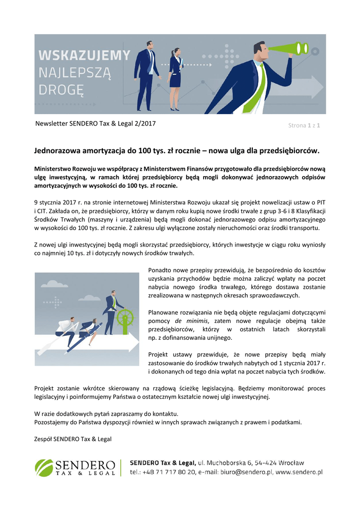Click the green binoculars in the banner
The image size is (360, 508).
coord(286,50)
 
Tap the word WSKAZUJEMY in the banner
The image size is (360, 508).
coord(84,55)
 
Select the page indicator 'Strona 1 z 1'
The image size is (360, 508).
coord(304,126)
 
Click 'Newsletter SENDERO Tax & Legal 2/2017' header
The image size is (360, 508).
coord(95,124)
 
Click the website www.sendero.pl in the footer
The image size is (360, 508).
coord(299,472)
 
